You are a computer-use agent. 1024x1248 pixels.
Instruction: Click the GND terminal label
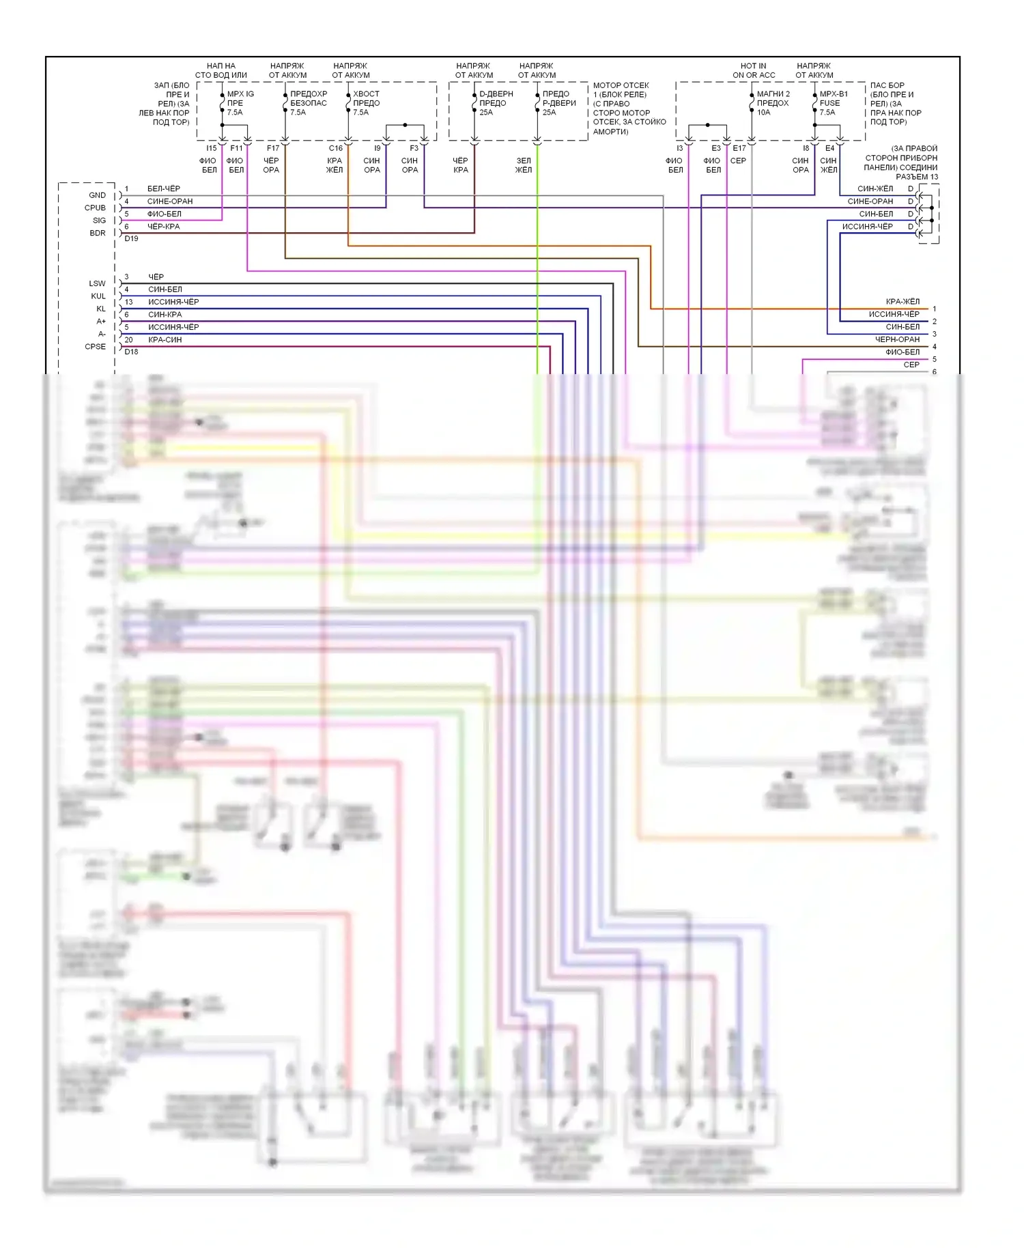(x=97, y=195)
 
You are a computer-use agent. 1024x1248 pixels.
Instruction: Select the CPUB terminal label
(x=95, y=208)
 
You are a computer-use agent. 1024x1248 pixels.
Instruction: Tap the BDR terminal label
(x=98, y=233)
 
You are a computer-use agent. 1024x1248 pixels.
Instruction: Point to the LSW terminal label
(x=97, y=283)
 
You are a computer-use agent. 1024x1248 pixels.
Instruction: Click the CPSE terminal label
(x=95, y=346)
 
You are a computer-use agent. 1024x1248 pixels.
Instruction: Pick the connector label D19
(x=131, y=238)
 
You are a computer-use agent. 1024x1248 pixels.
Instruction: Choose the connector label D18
(x=131, y=352)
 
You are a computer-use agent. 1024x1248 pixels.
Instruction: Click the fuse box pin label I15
(x=211, y=148)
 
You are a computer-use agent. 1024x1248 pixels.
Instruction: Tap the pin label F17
(x=272, y=148)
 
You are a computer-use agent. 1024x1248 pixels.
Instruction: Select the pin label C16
(x=335, y=148)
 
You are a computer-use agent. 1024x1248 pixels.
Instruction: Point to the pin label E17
(x=739, y=148)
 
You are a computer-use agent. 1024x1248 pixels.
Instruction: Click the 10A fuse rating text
(x=763, y=113)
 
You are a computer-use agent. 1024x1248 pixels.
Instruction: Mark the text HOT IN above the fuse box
(x=753, y=66)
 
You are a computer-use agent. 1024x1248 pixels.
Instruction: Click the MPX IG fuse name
(x=240, y=94)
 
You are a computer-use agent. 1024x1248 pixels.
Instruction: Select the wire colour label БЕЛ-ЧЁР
(x=164, y=188)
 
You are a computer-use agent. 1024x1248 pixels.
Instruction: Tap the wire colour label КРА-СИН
(x=165, y=339)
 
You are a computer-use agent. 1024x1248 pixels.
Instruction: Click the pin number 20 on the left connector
(x=128, y=339)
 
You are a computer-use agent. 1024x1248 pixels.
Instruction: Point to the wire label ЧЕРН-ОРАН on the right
(x=897, y=339)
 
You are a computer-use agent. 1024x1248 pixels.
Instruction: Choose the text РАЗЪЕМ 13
(x=917, y=177)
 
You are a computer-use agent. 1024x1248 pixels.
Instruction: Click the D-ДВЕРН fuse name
(x=496, y=94)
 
